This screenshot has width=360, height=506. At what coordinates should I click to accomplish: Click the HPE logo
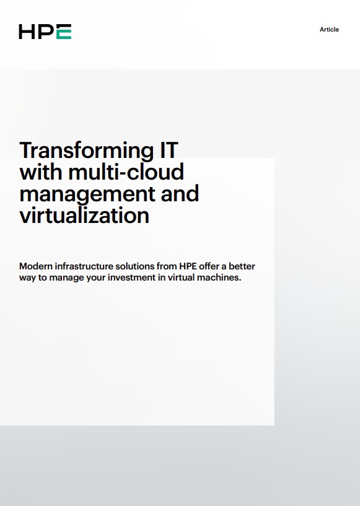[45, 32]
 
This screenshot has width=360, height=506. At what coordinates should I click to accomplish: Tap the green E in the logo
[64, 32]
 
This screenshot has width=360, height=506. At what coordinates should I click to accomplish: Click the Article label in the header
[329, 29]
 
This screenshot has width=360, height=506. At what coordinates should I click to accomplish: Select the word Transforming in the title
[87, 150]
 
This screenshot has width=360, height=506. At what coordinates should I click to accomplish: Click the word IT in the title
[169, 150]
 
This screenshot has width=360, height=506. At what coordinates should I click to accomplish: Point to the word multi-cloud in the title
[126, 172]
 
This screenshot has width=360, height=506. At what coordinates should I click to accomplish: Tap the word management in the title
[87, 194]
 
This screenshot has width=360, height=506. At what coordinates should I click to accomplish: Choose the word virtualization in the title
[84, 216]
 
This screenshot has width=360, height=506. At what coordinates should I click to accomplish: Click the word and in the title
[180, 193]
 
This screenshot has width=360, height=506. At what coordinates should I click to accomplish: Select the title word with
[41, 172]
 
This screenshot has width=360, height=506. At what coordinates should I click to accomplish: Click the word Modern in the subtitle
[35, 266]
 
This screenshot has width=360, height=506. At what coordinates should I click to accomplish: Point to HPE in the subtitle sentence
[188, 266]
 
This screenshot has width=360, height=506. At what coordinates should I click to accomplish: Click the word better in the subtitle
[242, 266]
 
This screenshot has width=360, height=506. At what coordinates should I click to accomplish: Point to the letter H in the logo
[27, 32]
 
